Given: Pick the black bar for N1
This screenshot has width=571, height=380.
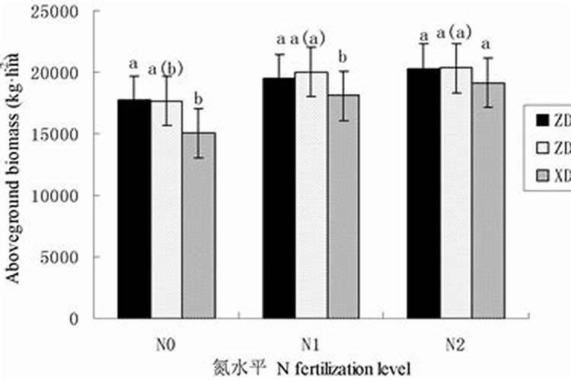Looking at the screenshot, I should pos(279,198).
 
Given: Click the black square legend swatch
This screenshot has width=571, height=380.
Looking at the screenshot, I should pos(543,119).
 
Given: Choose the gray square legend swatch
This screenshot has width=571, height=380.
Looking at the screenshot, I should pos(543,176).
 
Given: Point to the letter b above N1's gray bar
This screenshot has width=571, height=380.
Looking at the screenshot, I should pos(343,57).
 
